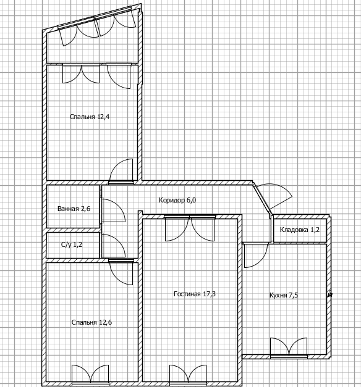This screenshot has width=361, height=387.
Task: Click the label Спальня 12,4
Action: pos(90,117)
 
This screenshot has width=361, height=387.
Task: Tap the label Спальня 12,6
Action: pos(91,322)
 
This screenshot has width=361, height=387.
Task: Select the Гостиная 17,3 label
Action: pos(195,294)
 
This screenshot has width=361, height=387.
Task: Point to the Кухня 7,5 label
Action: pos(283,295)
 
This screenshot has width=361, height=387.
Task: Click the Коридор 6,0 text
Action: pos(177,200)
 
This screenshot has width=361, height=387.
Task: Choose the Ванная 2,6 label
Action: pos(74,209)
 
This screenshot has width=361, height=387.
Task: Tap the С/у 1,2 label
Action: pos(72,244)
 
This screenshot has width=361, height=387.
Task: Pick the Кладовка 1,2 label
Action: pos(300,230)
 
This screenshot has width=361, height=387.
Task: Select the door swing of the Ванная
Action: pos(114,210)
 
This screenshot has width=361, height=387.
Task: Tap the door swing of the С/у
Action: pos(114,246)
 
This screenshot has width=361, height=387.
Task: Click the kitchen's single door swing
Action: pos(256,256)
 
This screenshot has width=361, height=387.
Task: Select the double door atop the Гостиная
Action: pos(190,228)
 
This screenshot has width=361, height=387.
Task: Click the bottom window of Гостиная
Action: pos(188,375)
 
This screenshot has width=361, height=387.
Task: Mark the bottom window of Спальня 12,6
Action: pos(90,375)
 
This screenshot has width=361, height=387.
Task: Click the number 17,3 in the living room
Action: pos(210,294)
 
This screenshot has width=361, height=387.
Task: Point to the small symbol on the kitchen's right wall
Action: pos(330,294)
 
